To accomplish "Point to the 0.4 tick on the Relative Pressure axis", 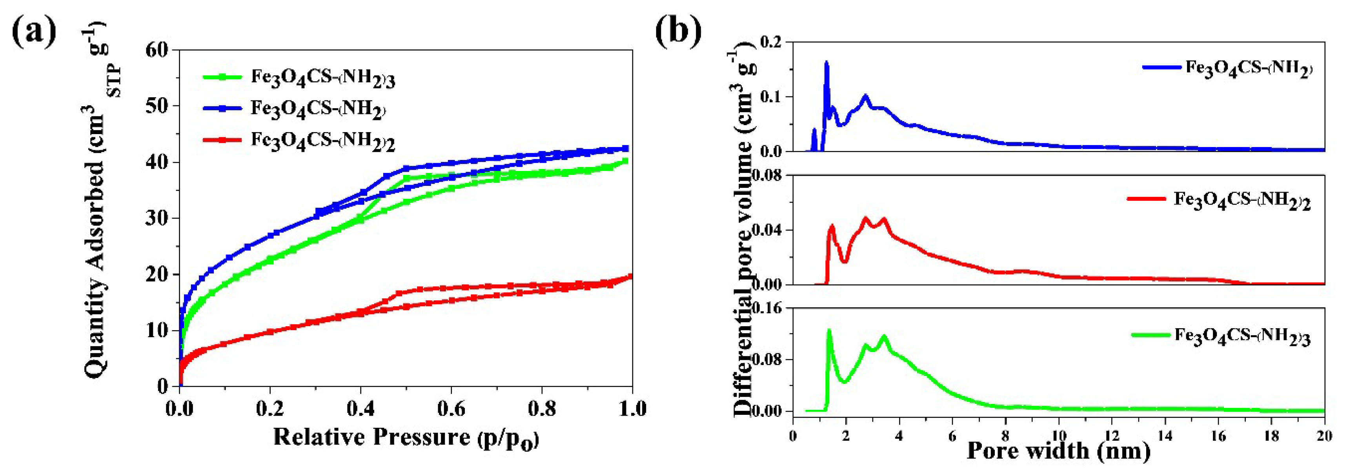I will pos(360,409).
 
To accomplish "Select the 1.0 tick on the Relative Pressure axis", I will pos(632,409).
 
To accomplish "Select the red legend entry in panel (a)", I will pos(299,140).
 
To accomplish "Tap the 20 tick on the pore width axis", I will pos(1324,436).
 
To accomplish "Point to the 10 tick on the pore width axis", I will pos(1058,436).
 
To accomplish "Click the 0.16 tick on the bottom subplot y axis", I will pos(767,309).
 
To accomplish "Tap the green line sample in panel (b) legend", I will pos(1151,334).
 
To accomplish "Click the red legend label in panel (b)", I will pos(1242,201).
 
